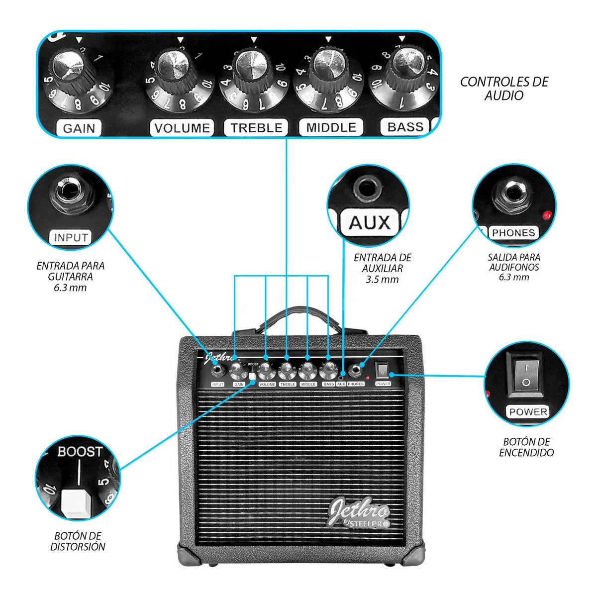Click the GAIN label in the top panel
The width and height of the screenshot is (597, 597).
(79, 128)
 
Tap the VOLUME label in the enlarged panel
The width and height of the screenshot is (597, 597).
(182, 128)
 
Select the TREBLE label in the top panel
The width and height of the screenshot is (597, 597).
(256, 128)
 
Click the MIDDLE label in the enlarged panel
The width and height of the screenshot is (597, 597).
(331, 128)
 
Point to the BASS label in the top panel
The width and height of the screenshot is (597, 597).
(404, 127)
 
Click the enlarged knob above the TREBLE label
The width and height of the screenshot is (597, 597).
(252, 67)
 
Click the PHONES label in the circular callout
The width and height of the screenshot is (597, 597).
(513, 233)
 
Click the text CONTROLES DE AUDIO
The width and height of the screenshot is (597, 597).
(504, 89)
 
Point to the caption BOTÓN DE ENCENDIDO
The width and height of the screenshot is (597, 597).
(526, 447)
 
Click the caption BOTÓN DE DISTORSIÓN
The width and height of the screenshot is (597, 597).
(79, 541)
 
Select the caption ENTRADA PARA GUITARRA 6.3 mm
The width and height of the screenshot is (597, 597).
(71, 277)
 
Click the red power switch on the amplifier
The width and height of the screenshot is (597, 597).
(382, 370)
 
